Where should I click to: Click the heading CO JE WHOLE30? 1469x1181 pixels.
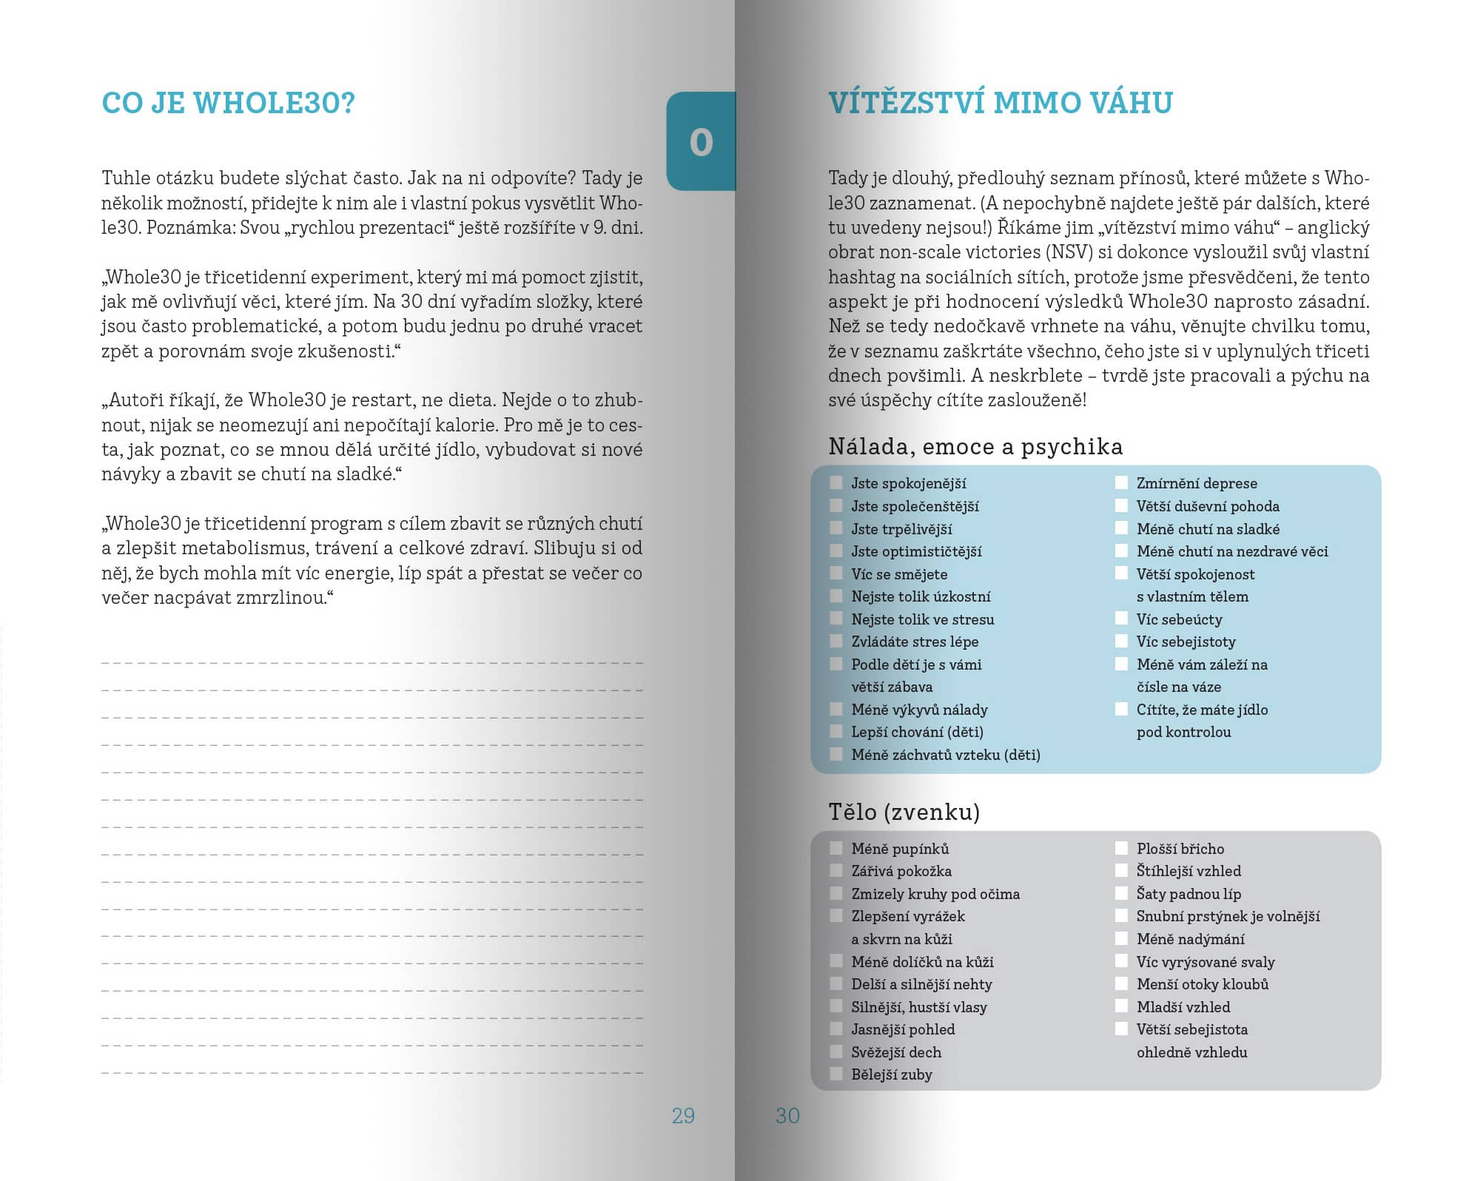click(x=228, y=103)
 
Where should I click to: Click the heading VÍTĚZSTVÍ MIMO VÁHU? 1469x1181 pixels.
click(x=1000, y=103)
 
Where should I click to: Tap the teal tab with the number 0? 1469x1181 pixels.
click(x=701, y=141)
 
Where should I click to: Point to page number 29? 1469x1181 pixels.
click(x=683, y=1116)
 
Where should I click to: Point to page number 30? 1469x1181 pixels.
click(x=787, y=1116)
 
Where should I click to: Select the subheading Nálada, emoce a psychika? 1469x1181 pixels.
click(x=975, y=446)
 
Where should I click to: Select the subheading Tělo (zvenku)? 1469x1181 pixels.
click(x=904, y=812)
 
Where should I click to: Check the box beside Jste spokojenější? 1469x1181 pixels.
click(x=836, y=483)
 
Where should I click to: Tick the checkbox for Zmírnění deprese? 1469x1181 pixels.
click(x=1122, y=483)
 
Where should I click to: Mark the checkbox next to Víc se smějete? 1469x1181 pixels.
click(x=836, y=573)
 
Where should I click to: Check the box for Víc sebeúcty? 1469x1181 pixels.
click(x=1122, y=619)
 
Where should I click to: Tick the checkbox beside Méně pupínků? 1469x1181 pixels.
click(x=836, y=848)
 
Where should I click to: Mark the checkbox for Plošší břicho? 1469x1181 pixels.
click(x=1122, y=848)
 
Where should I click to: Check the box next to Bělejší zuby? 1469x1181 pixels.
click(x=836, y=1074)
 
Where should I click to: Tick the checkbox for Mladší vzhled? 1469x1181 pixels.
click(x=1122, y=1006)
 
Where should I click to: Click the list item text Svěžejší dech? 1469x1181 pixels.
click(x=896, y=1052)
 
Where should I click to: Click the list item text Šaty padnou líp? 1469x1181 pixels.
click(x=1189, y=894)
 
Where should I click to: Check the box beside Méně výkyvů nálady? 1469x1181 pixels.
click(x=836, y=709)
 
